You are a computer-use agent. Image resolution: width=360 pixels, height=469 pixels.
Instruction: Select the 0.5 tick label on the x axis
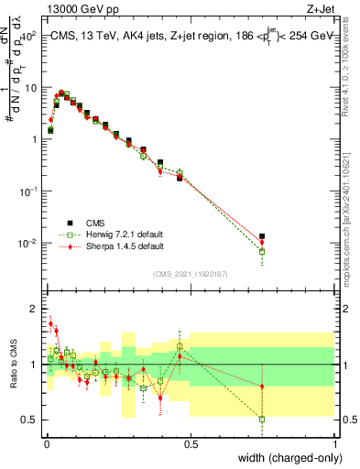[191, 444]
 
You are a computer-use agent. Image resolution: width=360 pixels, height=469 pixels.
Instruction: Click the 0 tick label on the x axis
[46, 444]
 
